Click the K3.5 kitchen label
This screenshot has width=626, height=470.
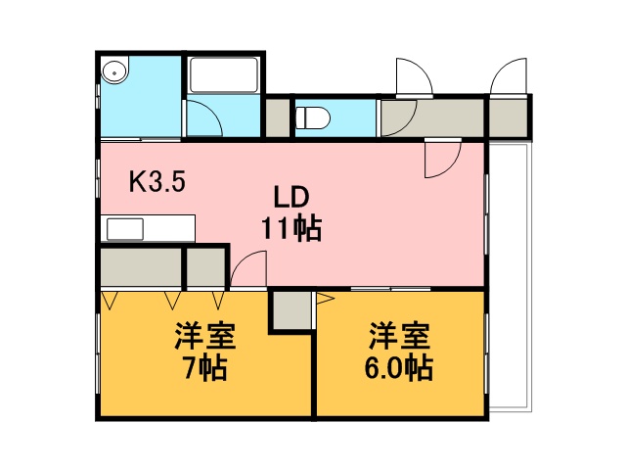(x=156, y=182)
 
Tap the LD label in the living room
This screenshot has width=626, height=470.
(x=291, y=198)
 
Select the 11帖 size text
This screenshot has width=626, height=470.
(x=291, y=228)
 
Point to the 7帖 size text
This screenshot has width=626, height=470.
(x=205, y=368)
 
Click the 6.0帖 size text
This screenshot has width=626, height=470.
(x=399, y=368)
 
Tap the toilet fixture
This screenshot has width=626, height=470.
(x=313, y=117)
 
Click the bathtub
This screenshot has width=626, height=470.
(x=224, y=75)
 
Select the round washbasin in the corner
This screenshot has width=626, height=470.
(x=114, y=72)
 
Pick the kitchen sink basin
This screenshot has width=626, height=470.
(x=125, y=229)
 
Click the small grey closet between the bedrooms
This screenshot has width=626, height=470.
(x=291, y=309)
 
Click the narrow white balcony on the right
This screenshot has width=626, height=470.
(x=510, y=276)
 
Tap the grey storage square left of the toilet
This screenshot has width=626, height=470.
(x=278, y=117)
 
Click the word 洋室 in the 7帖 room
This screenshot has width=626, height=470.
(x=205, y=336)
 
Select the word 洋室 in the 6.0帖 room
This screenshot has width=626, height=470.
(x=399, y=336)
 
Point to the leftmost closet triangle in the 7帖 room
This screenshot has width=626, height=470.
(x=110, y=301)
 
